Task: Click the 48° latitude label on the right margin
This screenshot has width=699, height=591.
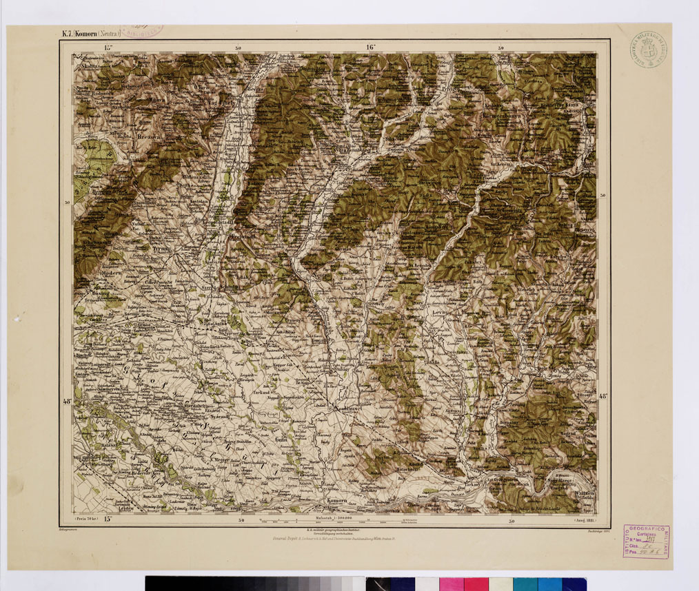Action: (x=604, y=396)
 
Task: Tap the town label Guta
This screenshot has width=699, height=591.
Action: (x=281, y=439)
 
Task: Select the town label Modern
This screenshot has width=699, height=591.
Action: (x=110, y=272)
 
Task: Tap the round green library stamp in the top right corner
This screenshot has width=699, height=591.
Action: (x=647, y=50)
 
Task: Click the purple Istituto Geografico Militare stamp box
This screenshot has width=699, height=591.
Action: (x=646, y=541)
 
